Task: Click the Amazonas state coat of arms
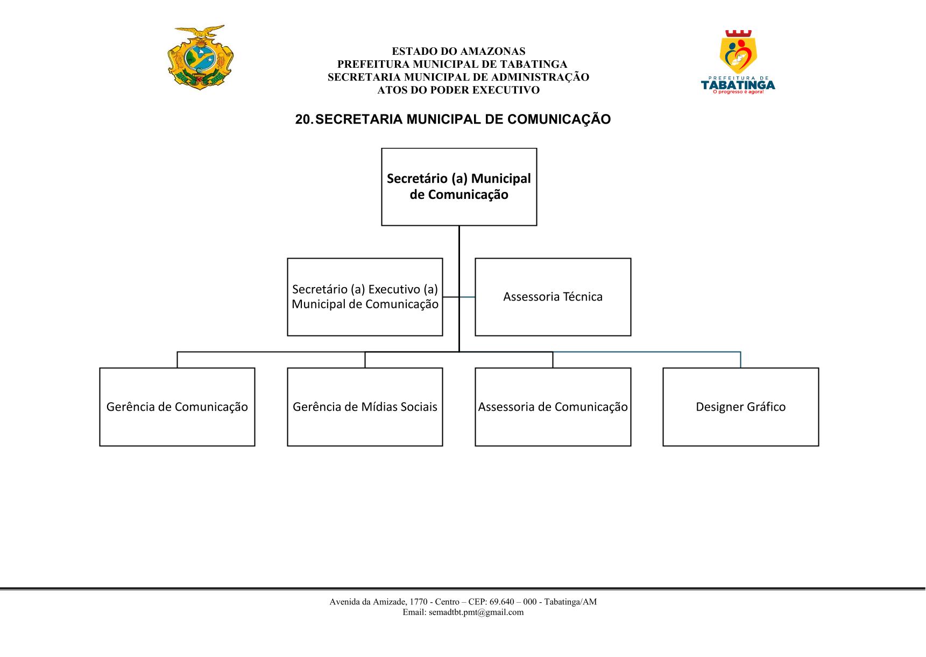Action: [201, 57]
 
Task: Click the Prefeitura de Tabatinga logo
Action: [738, 62]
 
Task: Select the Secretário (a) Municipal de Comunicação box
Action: [459, 187]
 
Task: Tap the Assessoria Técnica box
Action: [553, 297]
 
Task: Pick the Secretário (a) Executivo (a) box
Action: [365, 297]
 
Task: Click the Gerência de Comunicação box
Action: [177, 407]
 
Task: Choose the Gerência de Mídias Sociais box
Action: [365, 407]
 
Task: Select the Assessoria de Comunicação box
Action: [553, 407]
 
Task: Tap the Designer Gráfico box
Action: [740, 407]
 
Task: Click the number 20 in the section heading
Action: [302, 119]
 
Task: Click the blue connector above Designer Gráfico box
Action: [647, 352]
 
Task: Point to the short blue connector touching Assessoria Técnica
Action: [467, 297]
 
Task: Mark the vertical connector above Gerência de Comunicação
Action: [177, 360]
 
